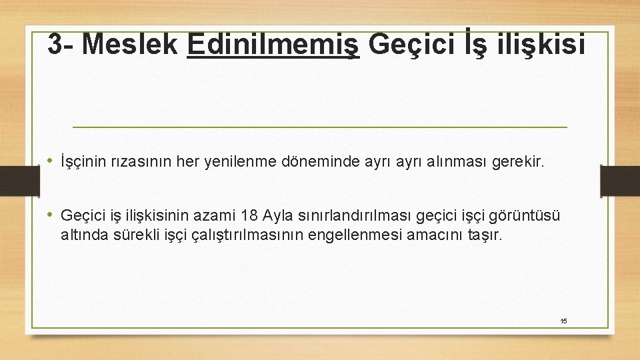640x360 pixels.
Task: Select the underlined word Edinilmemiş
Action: [274, 45]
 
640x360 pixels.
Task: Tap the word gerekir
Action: [517, 161]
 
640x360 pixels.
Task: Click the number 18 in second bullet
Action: [250, 215]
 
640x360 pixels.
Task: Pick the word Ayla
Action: [278, 215]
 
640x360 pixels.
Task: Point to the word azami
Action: [217, 215]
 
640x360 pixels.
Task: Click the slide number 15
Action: [563, 321]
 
